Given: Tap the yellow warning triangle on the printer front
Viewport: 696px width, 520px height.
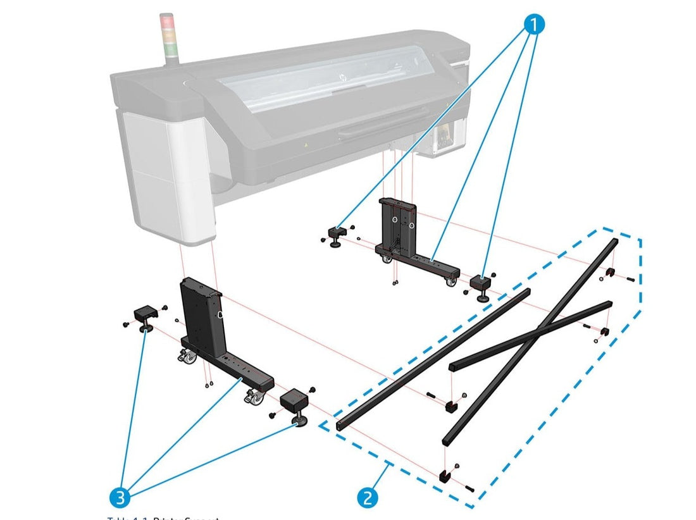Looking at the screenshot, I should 306,145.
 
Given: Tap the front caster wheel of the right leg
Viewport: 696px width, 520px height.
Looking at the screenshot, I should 451,282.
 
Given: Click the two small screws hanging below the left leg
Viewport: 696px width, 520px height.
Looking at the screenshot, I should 208,383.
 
